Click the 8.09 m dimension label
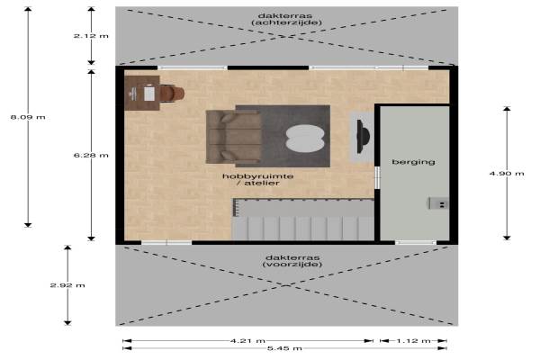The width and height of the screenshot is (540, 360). coord(28,117)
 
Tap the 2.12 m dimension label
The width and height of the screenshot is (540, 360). coord(91,35)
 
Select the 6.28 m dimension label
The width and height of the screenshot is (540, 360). coord(91,155)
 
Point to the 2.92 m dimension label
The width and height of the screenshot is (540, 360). coord(67,285)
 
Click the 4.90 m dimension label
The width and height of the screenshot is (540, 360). coord(507,174)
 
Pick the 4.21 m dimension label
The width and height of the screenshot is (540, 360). coord(247,341)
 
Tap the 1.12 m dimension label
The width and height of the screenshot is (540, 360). coord(413,341)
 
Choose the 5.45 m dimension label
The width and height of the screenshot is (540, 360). coord(284,348)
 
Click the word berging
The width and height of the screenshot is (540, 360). coord(413,162)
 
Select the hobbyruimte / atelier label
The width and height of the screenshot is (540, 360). coord(258,179)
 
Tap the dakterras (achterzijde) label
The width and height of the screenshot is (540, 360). coord(286,19)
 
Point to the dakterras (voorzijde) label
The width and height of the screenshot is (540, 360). coord(292,261)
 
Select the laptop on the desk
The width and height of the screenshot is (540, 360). coord(149,94)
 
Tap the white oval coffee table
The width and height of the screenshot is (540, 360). coord(305,138)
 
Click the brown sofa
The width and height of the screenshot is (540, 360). coord(233,137)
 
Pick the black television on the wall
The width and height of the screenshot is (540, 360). coord(363,137)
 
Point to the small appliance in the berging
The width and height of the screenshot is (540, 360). coord(438,203)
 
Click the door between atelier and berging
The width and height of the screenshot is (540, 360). coord(377,178)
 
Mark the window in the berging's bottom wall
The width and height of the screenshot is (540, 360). coord(416,242)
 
